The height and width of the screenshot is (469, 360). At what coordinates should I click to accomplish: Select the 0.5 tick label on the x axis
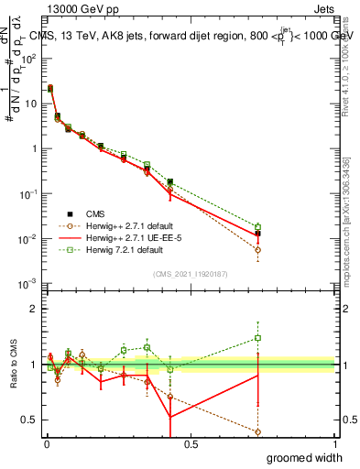click(191, 444)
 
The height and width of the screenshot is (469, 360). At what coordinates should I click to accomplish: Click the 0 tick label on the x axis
click(46, 444)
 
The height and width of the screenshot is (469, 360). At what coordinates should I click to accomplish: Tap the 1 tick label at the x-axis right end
click(334, 444)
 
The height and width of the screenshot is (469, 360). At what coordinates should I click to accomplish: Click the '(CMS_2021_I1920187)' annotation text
click(189, 273)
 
